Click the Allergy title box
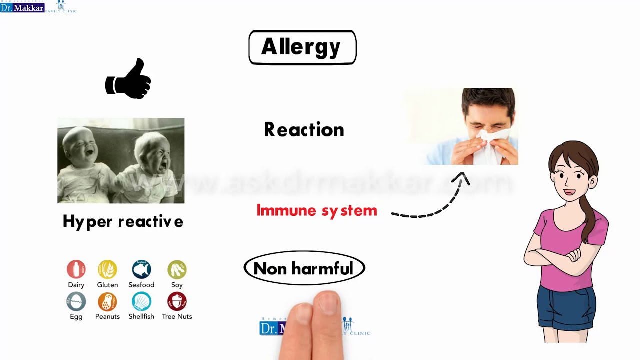[302, 47]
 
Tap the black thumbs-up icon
[128, 80]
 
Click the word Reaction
[304, 130]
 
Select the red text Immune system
[317, 210]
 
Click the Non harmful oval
[304, 268]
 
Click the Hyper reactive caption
[123, 221]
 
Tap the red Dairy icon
[76, 269]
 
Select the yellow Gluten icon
[107, 269]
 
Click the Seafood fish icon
[141, 269]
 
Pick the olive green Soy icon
[177, 269]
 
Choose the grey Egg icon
[76, 301]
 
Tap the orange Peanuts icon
[107, 301]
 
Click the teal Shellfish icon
[141, 301]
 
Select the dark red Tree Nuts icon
[177, 301]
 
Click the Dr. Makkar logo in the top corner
[23, 7]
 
